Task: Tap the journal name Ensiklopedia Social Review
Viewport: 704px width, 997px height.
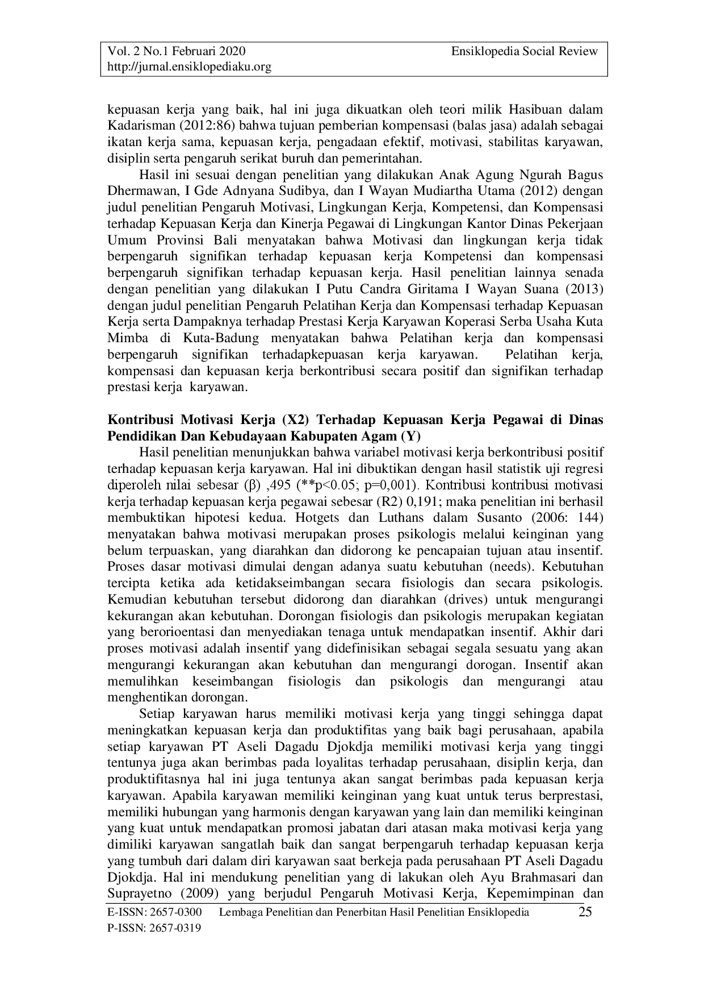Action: point(525,52)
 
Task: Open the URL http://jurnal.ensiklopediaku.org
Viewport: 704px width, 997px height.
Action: point(190,67)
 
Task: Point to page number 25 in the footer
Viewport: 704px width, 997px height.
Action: point(585,913)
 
